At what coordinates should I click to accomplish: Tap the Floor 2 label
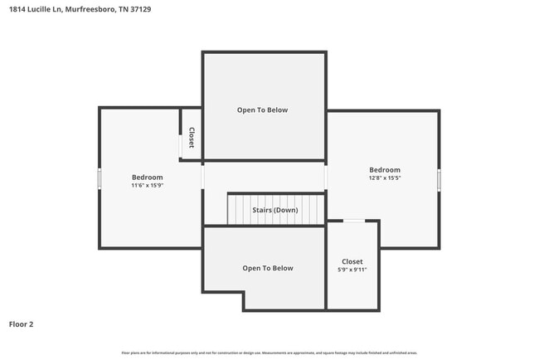(22, 324)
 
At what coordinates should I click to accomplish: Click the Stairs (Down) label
(274, 210)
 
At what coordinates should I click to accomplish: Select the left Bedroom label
(147, 177)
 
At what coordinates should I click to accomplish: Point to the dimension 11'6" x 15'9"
(147, 186)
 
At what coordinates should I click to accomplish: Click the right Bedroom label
(385, 170)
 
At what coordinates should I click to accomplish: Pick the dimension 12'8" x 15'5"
(385, 178)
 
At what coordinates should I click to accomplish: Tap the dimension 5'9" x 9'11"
(352, 270)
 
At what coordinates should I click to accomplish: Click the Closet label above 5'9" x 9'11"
(352, 261)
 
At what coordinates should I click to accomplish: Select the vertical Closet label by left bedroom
(192, 138)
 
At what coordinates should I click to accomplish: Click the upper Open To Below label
(263, 109)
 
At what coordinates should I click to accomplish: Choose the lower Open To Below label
(267, 268)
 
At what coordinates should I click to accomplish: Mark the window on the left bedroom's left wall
(100, 178)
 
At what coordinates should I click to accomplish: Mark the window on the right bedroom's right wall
(439, 179)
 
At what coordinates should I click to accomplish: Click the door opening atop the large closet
(353, 221)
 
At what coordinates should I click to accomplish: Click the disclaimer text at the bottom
(269, 353)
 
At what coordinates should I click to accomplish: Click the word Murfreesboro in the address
(87, 10)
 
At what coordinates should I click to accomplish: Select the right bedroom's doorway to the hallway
(326, 178)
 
